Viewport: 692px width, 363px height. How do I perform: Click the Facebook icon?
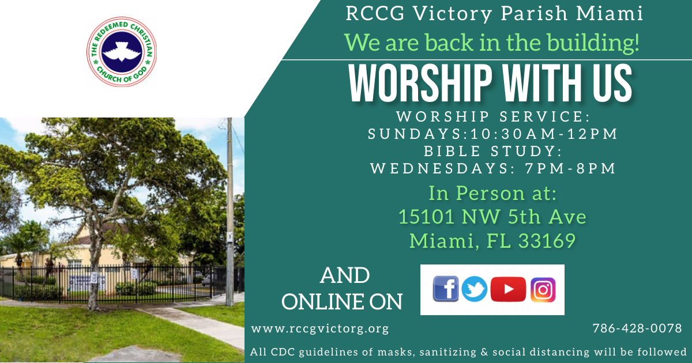[x=445, y=289]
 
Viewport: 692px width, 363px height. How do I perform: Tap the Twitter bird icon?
[x=474, y=289]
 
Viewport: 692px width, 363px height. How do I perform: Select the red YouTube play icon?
[x=508, y=289]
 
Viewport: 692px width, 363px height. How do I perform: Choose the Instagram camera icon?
[x=543, y=289]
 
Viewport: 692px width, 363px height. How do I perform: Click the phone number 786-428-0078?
[x=637, y=328]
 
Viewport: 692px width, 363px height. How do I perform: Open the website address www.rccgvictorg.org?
[x=320, y=329]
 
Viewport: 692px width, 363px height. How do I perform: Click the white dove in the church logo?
[x=122, y=52]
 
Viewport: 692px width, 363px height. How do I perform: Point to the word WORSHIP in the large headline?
[x=420, y=83]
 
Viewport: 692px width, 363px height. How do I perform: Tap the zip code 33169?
[x=547, y=241]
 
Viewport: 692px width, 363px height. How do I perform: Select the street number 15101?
[x=427, y=217]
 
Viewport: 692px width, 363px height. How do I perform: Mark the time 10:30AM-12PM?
[x=544, y=134]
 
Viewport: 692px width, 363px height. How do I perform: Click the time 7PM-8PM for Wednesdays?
[x=570, y=168]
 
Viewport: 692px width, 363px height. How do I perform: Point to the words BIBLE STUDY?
[x=493, y=151]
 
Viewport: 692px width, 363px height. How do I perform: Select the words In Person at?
[x=492, y=194]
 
